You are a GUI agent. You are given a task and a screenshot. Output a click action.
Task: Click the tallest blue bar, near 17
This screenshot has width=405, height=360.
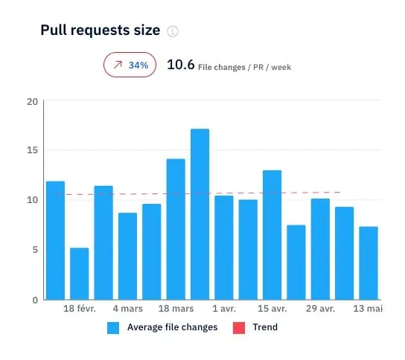200,214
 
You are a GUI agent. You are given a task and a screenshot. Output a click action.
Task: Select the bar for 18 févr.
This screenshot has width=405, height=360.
79,273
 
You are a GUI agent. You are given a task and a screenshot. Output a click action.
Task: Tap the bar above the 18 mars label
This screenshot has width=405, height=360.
176,229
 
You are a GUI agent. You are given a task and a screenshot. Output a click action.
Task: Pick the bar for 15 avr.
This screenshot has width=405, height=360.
272,234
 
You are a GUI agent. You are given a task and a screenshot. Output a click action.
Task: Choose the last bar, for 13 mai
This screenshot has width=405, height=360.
368,263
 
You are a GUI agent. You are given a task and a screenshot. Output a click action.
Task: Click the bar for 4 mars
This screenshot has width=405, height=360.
127,256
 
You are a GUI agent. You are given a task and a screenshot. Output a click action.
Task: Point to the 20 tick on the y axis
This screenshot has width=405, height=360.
31,101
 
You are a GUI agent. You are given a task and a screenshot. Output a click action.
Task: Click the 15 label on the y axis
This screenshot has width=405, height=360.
31,150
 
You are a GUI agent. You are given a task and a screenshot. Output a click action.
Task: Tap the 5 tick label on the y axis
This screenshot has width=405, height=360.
34,250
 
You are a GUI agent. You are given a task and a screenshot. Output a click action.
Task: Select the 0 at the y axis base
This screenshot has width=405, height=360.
34,300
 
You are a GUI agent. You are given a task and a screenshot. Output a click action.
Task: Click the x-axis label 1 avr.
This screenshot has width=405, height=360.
224,309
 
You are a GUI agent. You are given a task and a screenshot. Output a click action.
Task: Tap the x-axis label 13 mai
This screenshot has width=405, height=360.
368,309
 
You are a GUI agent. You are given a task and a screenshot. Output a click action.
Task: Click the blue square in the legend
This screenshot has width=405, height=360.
113,327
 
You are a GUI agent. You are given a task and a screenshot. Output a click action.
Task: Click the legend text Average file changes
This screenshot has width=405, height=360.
172,327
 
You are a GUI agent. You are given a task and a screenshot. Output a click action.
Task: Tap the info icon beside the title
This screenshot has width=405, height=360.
173,31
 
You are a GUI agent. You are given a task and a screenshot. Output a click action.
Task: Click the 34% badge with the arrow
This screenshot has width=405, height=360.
130,65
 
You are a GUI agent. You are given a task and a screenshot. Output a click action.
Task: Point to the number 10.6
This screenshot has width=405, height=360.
181,65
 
